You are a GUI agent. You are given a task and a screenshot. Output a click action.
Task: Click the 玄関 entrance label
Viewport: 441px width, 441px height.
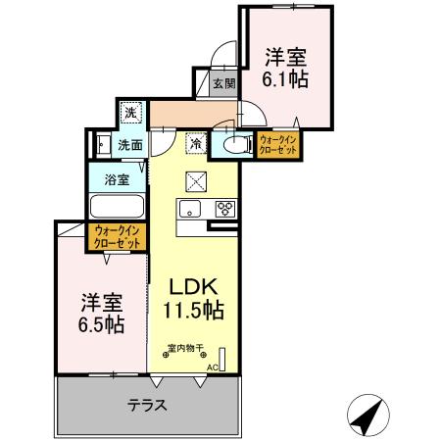224,84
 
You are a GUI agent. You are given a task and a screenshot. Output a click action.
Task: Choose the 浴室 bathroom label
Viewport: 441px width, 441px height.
117,180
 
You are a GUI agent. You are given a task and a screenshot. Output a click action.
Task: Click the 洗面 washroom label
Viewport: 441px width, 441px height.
130,145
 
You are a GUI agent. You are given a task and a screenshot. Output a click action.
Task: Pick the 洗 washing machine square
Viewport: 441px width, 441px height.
131,113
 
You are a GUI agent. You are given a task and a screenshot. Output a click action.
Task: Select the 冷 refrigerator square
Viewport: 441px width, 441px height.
196,144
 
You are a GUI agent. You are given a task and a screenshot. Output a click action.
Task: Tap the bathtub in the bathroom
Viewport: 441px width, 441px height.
117,208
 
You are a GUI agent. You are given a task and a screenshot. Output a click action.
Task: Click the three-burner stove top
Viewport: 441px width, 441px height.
224,208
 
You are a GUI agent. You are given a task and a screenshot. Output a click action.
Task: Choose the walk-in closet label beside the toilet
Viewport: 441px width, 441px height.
277,145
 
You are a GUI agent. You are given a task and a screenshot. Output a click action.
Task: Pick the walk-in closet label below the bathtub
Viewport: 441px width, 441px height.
118,235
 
